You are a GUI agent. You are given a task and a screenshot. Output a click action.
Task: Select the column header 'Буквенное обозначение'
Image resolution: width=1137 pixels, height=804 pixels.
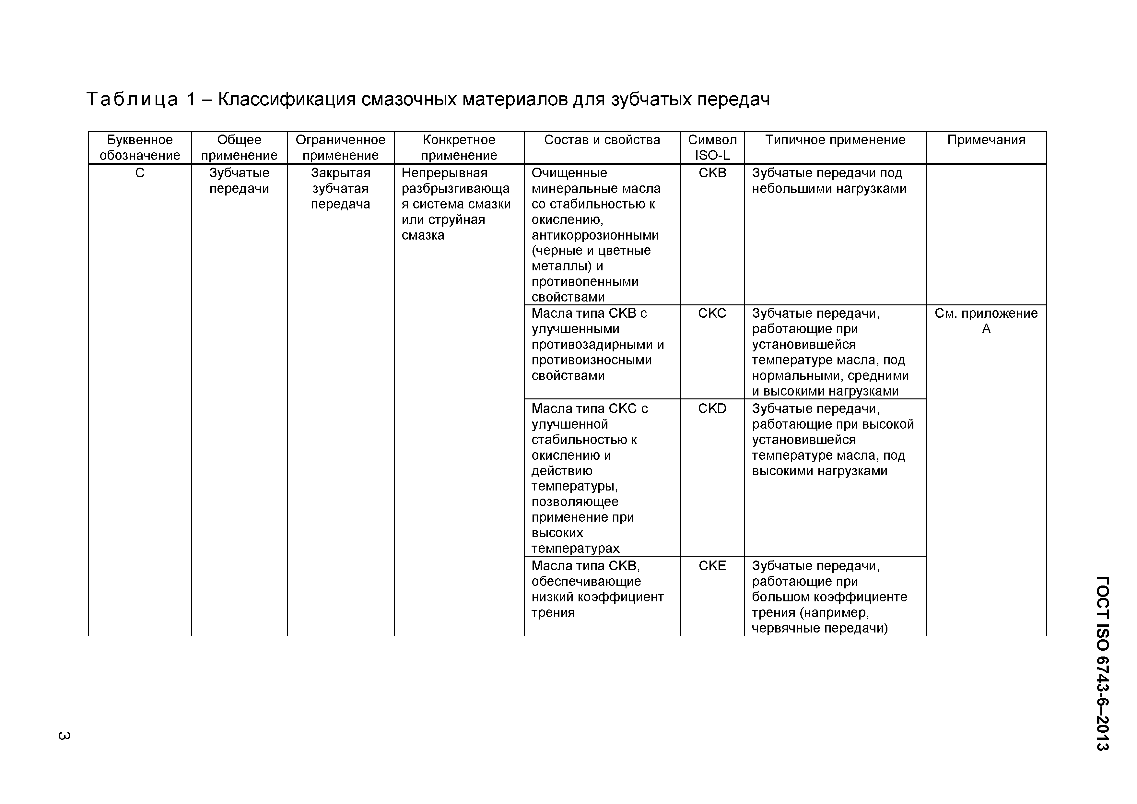pos(140,148)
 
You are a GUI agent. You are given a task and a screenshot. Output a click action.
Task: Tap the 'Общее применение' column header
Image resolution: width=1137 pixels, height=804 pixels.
pos(239,148)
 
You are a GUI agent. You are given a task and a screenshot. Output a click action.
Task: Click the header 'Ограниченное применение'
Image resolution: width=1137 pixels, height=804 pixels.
pos(340,148)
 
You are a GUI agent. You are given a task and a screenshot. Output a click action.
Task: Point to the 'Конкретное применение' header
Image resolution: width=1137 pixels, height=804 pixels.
pos(459,148)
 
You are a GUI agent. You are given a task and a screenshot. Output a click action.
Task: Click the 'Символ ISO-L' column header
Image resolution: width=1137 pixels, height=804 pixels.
pos(712,148)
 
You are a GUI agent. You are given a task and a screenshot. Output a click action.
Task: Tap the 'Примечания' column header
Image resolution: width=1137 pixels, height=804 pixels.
pos(986,140)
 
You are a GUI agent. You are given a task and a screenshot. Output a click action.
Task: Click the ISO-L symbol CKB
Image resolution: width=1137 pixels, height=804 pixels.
pos(712,173)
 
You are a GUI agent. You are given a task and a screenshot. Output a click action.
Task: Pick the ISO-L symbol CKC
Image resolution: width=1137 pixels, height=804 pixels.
pos(712,313)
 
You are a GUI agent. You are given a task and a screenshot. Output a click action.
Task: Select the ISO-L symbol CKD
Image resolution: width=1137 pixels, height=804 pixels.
pos(712,409)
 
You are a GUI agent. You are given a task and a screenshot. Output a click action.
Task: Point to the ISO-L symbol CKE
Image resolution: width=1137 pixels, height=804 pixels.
pos(712,566)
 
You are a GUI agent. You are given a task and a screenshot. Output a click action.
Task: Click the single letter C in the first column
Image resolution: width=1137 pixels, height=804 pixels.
pos(140,173)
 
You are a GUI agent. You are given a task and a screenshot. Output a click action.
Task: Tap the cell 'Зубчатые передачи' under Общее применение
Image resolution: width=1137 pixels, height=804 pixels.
pos(239,181)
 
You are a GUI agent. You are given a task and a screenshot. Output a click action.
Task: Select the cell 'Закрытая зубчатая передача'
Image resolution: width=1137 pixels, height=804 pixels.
pos(340,189)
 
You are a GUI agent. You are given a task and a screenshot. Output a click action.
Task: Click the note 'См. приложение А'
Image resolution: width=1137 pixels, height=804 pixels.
pos(986,321)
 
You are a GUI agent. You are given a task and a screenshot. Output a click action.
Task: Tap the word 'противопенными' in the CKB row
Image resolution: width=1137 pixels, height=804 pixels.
pos(585,282)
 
